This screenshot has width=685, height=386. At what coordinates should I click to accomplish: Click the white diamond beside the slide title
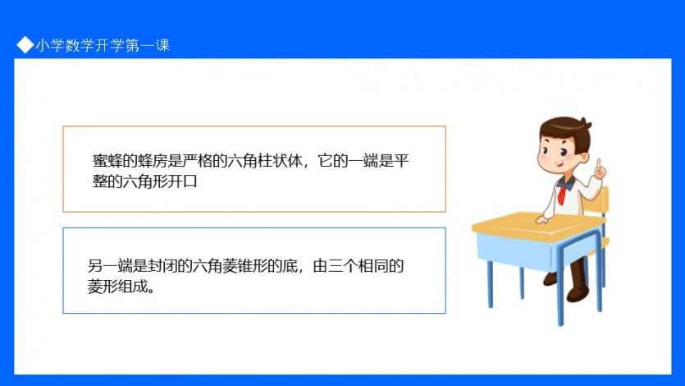(25, 44)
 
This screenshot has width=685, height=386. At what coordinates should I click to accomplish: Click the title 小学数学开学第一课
(103, 45)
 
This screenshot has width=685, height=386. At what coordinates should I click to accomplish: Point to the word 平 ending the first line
(401, 161)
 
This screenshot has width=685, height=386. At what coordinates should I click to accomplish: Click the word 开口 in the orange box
(183, 181)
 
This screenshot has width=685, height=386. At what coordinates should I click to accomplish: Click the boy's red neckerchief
(563, 192)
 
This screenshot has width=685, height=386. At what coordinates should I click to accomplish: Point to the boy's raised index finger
(599, 164)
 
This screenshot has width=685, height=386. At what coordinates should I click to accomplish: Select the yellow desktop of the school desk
(537, 225)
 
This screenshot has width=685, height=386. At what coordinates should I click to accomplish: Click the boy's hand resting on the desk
(542, 219)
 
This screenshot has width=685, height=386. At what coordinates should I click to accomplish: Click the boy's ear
(583, 158)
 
